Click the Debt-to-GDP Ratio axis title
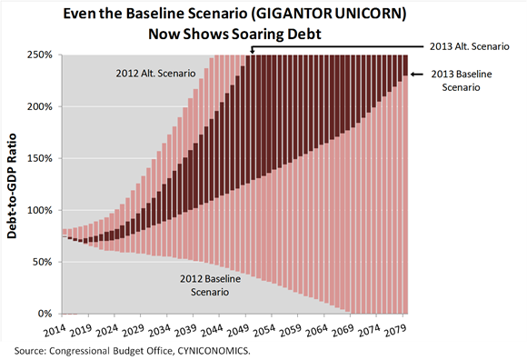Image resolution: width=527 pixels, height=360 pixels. tap(15, 185)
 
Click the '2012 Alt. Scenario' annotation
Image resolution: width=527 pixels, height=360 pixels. tap(154, 71)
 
